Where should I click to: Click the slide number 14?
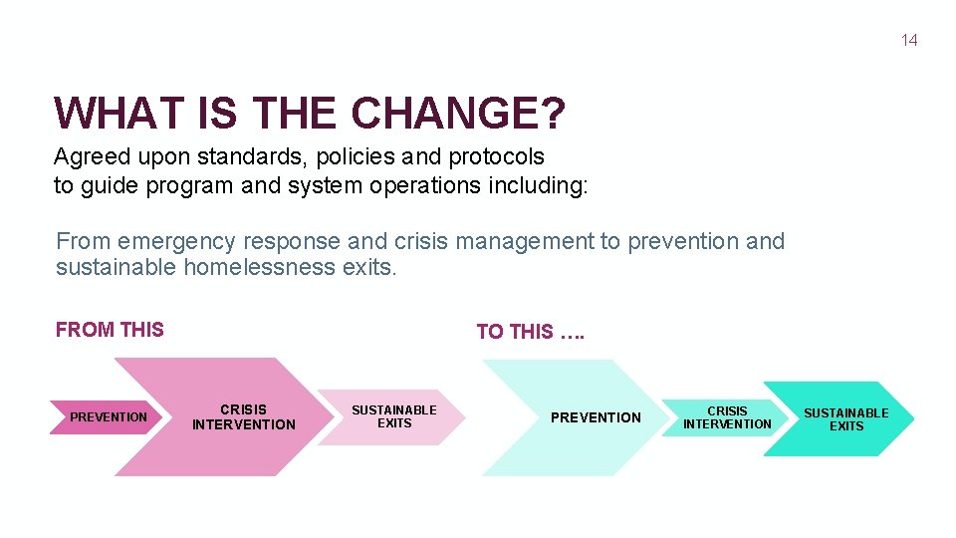[x=908, y=40]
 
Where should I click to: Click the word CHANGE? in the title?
[x=459, y=114]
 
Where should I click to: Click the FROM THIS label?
[x=110, y=330]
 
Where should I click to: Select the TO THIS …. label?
[x=530, y=332]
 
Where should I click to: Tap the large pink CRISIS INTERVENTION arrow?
[x=244, y=416]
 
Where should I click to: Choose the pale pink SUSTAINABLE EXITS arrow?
[x=393, y=416]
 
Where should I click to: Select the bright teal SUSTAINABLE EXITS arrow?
[x=845, y=419]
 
